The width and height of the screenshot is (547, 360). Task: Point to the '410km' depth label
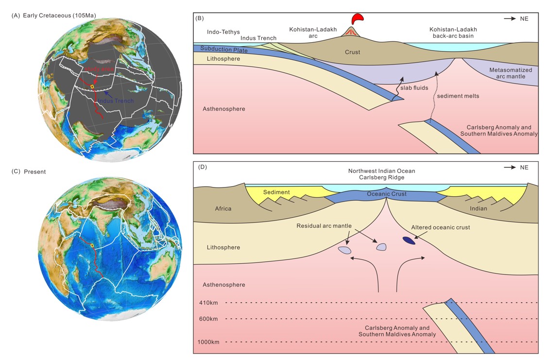click(x=208, y=303)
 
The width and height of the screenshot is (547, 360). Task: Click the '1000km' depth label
click(x=208, y=342)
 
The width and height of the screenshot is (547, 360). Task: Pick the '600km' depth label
click(x=208, y=319)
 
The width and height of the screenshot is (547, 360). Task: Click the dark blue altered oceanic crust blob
click(x=409, y=240)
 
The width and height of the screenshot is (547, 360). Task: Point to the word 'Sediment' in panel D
click(x=276, y=192)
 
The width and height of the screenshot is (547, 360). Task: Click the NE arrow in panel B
click(x=510, y=19)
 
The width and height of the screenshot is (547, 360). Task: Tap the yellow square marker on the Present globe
click(x=92, y=245)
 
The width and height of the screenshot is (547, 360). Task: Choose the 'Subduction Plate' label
click(x=224, y=50)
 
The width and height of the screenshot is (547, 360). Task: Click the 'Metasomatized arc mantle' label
click(x=511, y=73)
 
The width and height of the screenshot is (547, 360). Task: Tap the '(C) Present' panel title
click(x=29, y=171)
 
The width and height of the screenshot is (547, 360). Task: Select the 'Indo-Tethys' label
click(x=223, y=33)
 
